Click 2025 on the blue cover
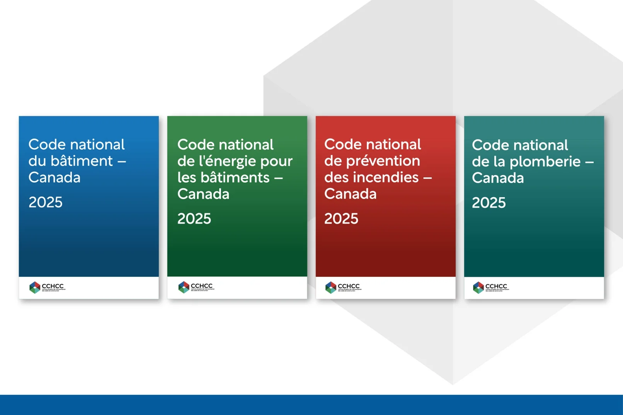[46, 202]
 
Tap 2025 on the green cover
[194, 219]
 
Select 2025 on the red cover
[341, 219]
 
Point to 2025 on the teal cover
[489, 203]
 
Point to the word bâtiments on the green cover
[223, 178]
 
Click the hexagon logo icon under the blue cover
[35, 287]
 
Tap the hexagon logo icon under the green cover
[184, 287]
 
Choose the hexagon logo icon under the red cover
[331, 287]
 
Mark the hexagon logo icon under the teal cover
[478, 287]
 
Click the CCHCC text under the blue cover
[53, 286]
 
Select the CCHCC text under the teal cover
[496, 286]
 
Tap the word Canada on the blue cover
[54, 178]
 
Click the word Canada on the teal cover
[498, 178]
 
